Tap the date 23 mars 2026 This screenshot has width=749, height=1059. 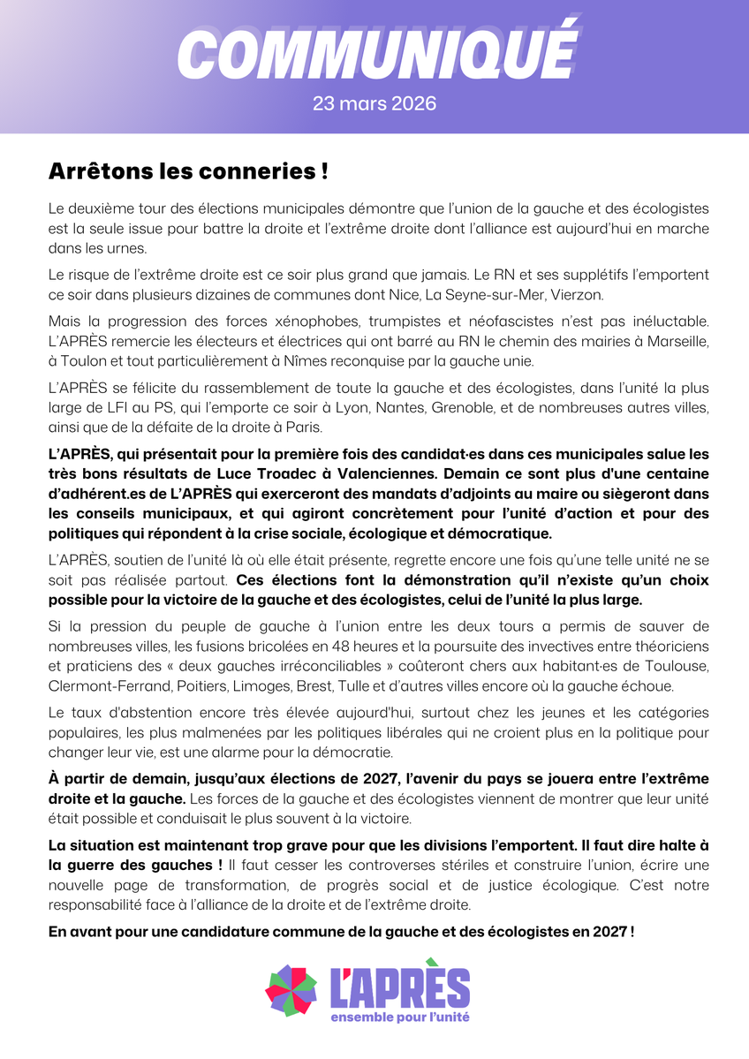coord(374,103)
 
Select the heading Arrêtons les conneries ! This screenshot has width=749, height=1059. coord(188,170)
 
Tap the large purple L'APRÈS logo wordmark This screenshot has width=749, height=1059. coord(398,987)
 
